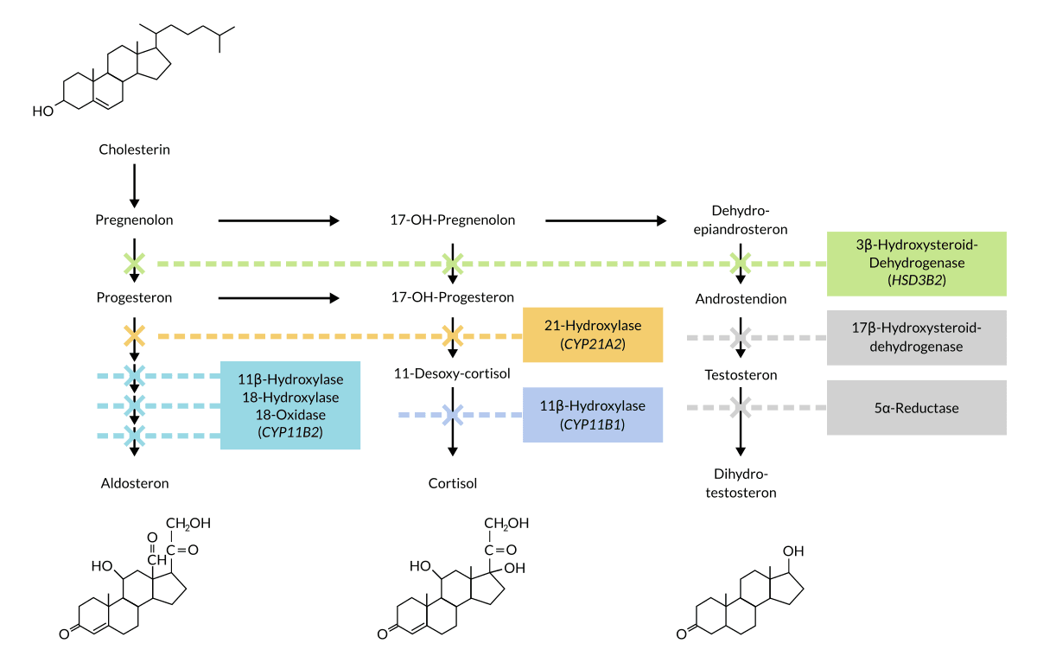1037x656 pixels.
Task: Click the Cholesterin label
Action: coord(134,150)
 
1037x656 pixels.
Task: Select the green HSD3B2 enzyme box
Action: coord(916,264)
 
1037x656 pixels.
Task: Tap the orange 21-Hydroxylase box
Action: coord(593,334)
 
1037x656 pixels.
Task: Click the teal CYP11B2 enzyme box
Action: coord(290,405)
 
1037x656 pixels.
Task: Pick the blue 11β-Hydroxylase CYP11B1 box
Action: coord(593,415)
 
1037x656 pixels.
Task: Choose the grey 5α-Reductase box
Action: coord(916,407)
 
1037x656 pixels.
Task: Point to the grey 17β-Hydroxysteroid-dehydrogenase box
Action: coord(916,337)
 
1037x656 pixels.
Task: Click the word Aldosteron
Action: coord(134,483)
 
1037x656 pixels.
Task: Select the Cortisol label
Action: coord(452,483)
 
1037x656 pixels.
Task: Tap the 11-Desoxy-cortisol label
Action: coord(452,374)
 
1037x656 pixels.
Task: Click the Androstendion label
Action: coord(741,299)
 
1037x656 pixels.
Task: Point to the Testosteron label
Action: coord(741,375)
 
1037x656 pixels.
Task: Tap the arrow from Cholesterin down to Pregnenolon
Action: coord(134,183)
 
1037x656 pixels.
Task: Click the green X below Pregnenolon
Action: coord(134,264)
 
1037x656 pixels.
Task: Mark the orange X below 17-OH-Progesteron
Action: coord(452,334)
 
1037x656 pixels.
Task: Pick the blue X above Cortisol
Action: coord(452,415)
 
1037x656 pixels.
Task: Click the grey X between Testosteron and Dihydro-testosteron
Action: coord(740,407)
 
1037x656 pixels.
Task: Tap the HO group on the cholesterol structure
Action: coord(42,111)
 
